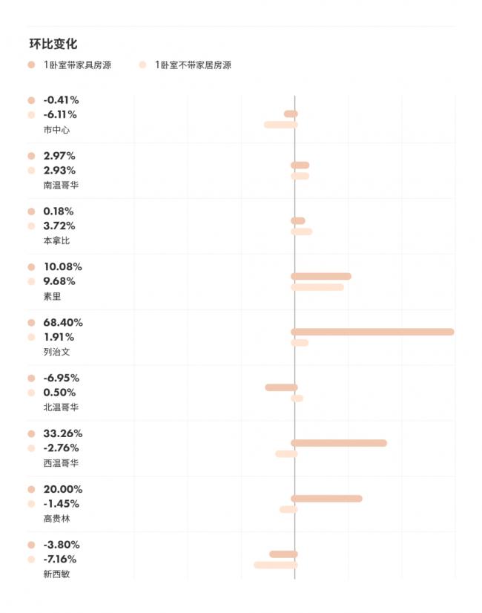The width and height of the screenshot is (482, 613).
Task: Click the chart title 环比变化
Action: (x=53, y=45)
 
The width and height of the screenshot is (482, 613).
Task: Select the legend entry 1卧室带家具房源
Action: (x=77, y=65)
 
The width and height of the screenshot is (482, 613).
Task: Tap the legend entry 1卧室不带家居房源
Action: (x=193, y=65)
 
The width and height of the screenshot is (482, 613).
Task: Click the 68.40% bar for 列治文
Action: (x=372, y=332)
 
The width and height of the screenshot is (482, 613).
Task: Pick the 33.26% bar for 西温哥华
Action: (x=339, y=443)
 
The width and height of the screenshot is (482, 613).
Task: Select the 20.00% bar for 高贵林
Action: (x=326, y=499)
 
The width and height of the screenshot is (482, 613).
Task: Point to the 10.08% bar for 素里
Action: (x=321, y=276)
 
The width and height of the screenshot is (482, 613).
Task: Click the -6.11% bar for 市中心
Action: (x=281, y=125)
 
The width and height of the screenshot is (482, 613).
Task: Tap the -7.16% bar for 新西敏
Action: (x=276, y=566)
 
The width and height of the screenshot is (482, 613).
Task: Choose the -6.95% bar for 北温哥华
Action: (x=281, y=387)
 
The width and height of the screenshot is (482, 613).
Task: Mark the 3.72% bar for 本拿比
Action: (x=302, y=232)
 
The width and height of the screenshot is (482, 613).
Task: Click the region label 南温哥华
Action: (x=61, y=185)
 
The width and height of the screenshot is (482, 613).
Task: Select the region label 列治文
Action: (x=56, y=352)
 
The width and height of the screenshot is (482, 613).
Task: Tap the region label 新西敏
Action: (x=56, y=574)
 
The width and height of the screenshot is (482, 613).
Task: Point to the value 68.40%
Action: (x=63, y=323)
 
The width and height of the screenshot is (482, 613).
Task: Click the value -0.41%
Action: (x=61, y=100)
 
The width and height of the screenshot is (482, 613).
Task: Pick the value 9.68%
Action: (x=59, y=281)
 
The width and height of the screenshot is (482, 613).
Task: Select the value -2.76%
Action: (x=61, y=448)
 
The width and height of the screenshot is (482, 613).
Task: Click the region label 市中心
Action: (x=56, y=130)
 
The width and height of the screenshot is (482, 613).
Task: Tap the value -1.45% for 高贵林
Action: (x=61, y=504)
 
